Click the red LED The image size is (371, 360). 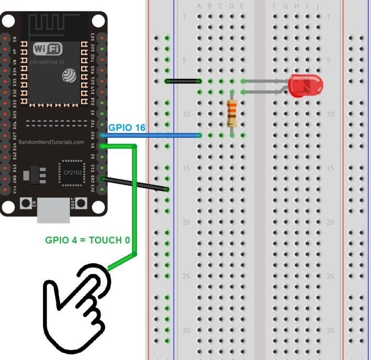click(305, 86)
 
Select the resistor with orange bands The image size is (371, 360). click(232, 113)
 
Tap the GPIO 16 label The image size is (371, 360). click(127, 128)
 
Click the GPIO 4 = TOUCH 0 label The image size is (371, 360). click(87, 240)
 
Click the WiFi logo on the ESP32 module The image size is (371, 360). click(48, 49)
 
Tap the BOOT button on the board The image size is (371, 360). click(77, 203)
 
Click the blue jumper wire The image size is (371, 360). click(150, 135)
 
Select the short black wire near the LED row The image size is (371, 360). click(183, 81)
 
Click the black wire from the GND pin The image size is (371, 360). click(135, 184)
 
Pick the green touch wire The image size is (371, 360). click(134, 203)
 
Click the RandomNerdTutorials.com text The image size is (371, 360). click(51, 142)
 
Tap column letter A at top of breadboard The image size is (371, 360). click(199, 6)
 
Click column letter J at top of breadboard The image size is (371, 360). click(318, 6)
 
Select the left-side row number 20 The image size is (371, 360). click(186, 222)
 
